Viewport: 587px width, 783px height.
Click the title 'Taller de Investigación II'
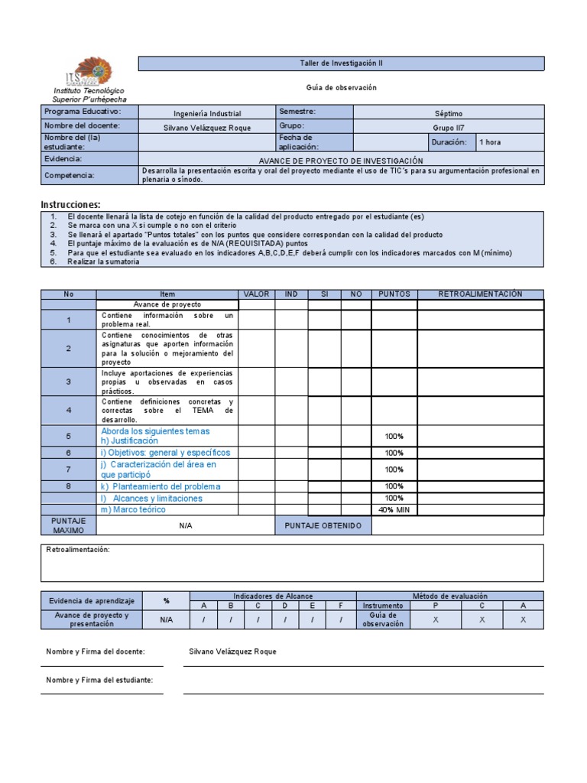341,63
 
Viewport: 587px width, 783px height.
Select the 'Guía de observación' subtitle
342,88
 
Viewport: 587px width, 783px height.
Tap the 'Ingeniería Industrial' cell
207,112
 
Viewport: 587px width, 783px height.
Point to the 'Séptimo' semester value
449,113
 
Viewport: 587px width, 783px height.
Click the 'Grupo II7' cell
449,128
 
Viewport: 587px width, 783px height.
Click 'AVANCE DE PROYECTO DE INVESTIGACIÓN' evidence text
341,161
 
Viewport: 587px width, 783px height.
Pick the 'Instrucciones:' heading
70,205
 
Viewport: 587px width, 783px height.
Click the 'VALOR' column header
257,294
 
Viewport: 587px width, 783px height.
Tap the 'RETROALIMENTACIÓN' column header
480,294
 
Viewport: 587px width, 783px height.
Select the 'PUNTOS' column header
394,294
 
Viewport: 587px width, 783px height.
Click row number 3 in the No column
68,382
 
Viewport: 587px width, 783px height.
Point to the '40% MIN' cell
394,510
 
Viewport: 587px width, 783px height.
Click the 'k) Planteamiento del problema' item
161,486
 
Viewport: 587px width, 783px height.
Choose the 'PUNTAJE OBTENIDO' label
323,526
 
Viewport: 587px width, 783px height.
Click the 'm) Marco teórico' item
133,510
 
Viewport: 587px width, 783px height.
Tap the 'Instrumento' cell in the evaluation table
382,606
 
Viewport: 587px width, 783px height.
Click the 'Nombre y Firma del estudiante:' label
99,680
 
